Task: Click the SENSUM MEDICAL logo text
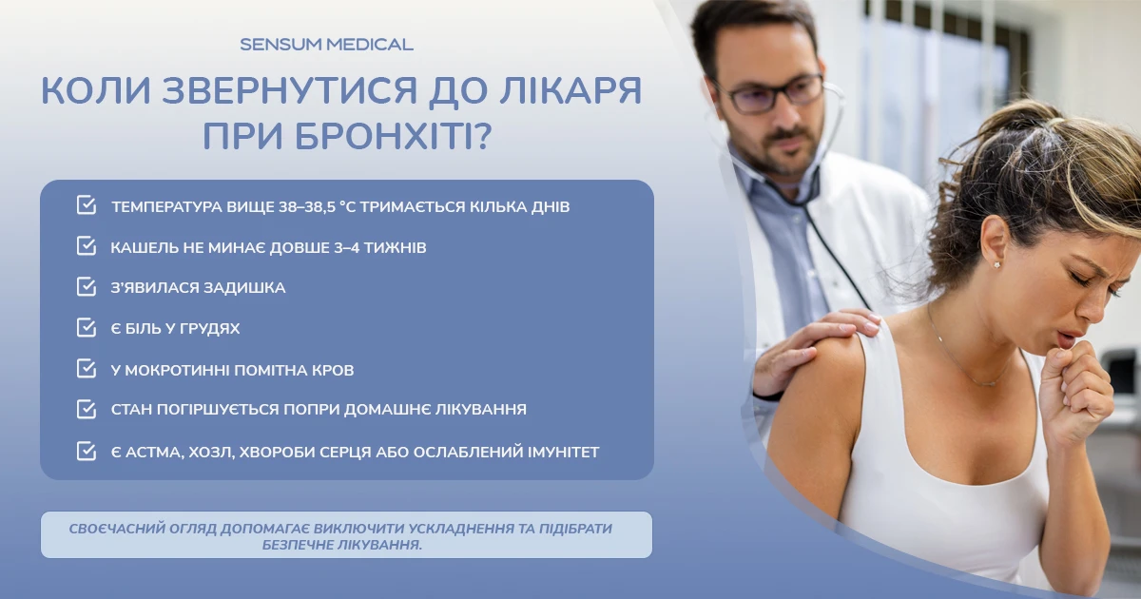tap(326, 45)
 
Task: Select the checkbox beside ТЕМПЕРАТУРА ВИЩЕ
tap(87, 204)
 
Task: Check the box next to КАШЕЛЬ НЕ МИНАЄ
tap(87, 245)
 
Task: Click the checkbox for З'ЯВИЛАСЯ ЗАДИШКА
tap(87, 286)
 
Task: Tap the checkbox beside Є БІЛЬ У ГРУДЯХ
tap(87, 327)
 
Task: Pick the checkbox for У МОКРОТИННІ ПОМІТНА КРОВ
tap(87, 368)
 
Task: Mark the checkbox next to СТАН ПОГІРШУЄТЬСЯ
tap(87, 409)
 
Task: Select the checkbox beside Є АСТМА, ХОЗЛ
tap(87, 452)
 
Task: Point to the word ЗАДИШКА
tap(244, 288)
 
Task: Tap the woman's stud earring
tap(996, 264)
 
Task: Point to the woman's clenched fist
tap(1074, 392)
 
